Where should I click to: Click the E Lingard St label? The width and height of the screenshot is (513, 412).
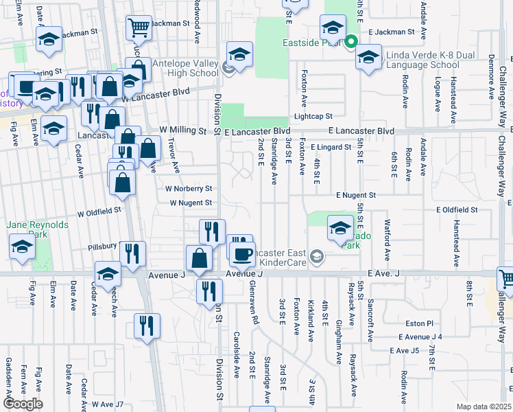pos(331,147)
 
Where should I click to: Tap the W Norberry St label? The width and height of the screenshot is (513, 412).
pos(189,188)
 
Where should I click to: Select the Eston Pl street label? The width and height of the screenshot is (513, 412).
pos(420,323)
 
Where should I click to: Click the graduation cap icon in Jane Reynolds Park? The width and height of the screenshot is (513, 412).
pos(22,248)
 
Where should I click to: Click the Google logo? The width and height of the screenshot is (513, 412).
pos(23,404)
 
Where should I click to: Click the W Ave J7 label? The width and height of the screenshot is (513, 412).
pos(108,404)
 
